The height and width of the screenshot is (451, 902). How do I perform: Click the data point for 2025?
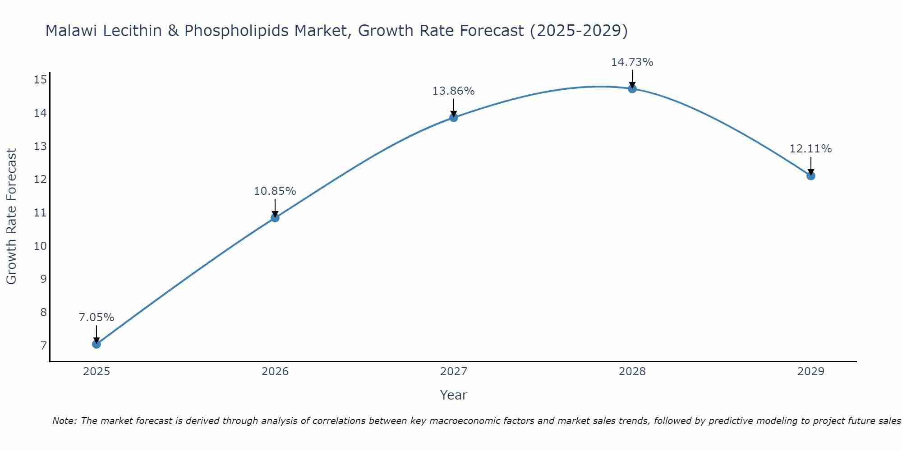tap(96, 344)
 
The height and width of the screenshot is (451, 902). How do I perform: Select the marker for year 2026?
tap(275, 218)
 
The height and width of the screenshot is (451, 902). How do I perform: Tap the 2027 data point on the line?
tap(454, 118)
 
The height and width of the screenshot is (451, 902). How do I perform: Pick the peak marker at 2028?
tap(632, 89)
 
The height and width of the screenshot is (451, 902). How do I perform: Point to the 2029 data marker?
tap(811, 176)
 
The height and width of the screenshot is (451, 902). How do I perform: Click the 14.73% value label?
tap(632, 62)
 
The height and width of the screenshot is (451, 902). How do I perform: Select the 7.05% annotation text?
tap(97, 318)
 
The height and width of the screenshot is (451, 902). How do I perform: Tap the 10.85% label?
tap(275, 191)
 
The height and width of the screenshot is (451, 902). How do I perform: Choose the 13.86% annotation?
tap(453, 91)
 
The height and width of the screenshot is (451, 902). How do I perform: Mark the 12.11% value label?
tap(810, 149)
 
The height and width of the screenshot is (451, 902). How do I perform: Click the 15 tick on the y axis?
tap(40, 80)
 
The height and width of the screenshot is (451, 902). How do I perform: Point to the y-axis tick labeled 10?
tap(40, 246)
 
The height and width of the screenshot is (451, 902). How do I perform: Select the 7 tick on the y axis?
tap(43, 346)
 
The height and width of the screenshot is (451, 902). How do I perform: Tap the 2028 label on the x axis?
tap(632, 372)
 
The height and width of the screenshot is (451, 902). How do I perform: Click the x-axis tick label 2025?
tap(97, 372)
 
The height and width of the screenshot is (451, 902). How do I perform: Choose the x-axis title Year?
tap(453, 395)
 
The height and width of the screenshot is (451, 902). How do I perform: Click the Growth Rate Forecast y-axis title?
tap(11, 216)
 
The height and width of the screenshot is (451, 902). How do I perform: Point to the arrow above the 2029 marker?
tap(811, 166)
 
